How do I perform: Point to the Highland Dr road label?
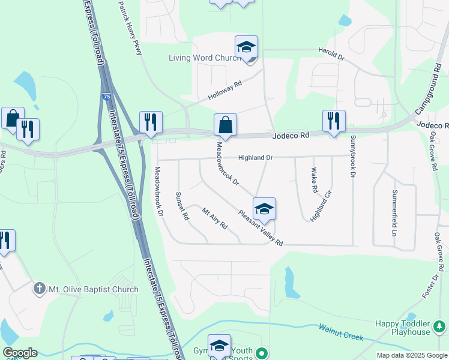255,158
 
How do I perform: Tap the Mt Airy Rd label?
214,218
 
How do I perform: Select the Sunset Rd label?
182,206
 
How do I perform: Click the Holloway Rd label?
224,91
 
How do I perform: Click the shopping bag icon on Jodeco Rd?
225,125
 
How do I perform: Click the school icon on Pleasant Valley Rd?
264,209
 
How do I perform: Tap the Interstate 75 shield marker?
106,96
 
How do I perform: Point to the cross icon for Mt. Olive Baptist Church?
40,289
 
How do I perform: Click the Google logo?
20,353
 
